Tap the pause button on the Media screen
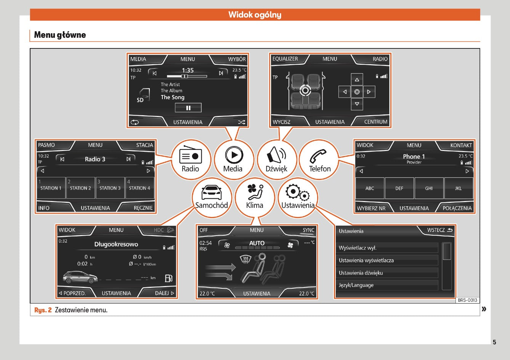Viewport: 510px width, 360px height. pos(188,108)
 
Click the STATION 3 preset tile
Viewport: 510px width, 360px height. pos(110,188)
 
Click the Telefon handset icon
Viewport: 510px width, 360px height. pos(318,156)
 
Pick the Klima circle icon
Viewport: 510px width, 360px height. pos(255,198)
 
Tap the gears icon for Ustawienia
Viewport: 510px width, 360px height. pos(298,193)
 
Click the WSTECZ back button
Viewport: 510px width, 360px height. pos(439,230)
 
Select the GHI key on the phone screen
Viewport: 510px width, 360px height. pos(429,188)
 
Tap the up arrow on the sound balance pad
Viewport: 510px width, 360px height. pos(357,80)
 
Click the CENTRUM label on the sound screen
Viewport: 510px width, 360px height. pos(376,122)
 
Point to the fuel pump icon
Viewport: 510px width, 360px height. pos(168,278)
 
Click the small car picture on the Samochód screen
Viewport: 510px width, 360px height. pos(80,277)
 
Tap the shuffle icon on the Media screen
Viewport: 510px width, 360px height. pos(242,122)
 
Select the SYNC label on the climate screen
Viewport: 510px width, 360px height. pos(308,230)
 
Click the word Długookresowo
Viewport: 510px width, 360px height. pos(116,244)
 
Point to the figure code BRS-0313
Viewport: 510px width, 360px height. pos(467,300)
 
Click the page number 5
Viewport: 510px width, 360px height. pos(494,342)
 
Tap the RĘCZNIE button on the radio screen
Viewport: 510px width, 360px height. pos(143,208)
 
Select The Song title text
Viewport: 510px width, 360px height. pos(173,97)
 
